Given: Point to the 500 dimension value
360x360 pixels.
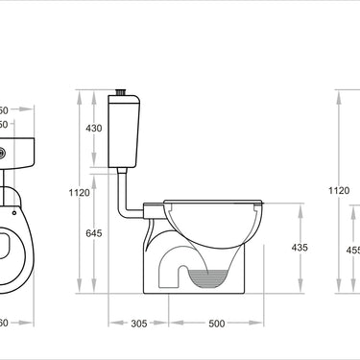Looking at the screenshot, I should [x=217, y=324].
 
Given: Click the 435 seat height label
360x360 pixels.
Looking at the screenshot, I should [x=300, y=248].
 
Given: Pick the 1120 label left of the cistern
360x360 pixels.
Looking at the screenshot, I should [x=80, y=193].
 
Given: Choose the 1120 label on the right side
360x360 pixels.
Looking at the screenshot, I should [x=339, y=191].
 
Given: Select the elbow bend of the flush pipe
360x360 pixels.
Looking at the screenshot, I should [x=122, y=213].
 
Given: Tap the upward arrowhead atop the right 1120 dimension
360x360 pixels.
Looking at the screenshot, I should [x=338, y=94].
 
